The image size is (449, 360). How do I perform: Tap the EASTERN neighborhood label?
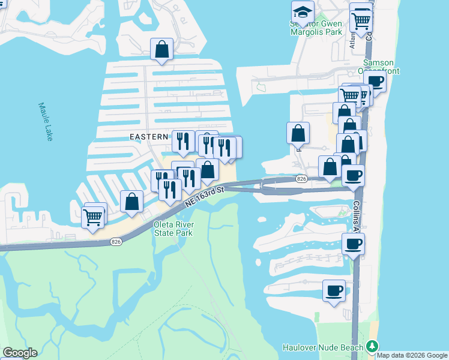pyautogui.click(x=149, y=137)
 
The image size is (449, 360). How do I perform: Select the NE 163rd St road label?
pyautogui.click(x=204, y=197)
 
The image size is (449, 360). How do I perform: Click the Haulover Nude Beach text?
pyautogui.click(x=323, y=348)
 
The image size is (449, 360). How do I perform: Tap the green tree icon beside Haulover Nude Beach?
pyautogui.click(x=372, y=347)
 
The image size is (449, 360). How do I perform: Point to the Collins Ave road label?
pyautogui.click(x=357, y=216)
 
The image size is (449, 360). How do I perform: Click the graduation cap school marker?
pyautogui.click(x=303, y=11)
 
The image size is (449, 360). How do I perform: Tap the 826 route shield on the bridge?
pyautogui.click(x=301, y=179)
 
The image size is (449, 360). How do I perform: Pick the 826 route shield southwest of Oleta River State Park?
pyautogui.click(x=116, y=241)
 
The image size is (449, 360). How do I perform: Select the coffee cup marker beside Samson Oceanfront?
pyautogui.click(x=375, y=81)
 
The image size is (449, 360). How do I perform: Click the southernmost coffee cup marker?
pyautogui.click(x=334, y=291)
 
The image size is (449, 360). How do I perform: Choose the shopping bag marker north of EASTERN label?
pyautogui.click(x=162, y=50)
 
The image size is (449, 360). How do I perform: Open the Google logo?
pyautogui.click(x=20, y=353)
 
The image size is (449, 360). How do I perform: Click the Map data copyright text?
pyautogui.click(x=412, y=355)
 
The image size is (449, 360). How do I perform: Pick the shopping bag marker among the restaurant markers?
pyautogui.click(x=207, y=170)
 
